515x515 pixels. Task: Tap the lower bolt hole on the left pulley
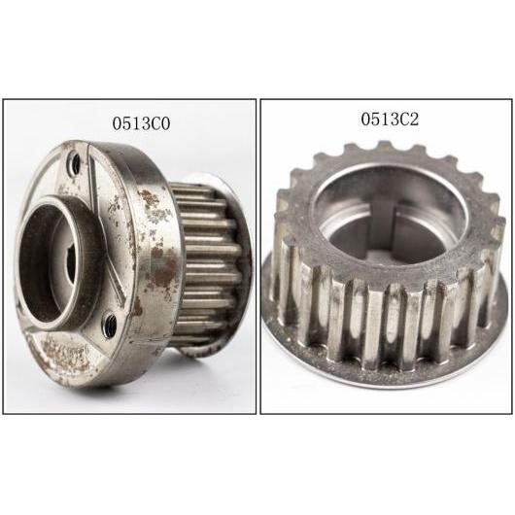pyautogui.click(x=110, y=321)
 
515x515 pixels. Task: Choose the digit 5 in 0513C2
pyautogui.click(x=374, y=120)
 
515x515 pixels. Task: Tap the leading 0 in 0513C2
pyautogui.click(x=363, y=120)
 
